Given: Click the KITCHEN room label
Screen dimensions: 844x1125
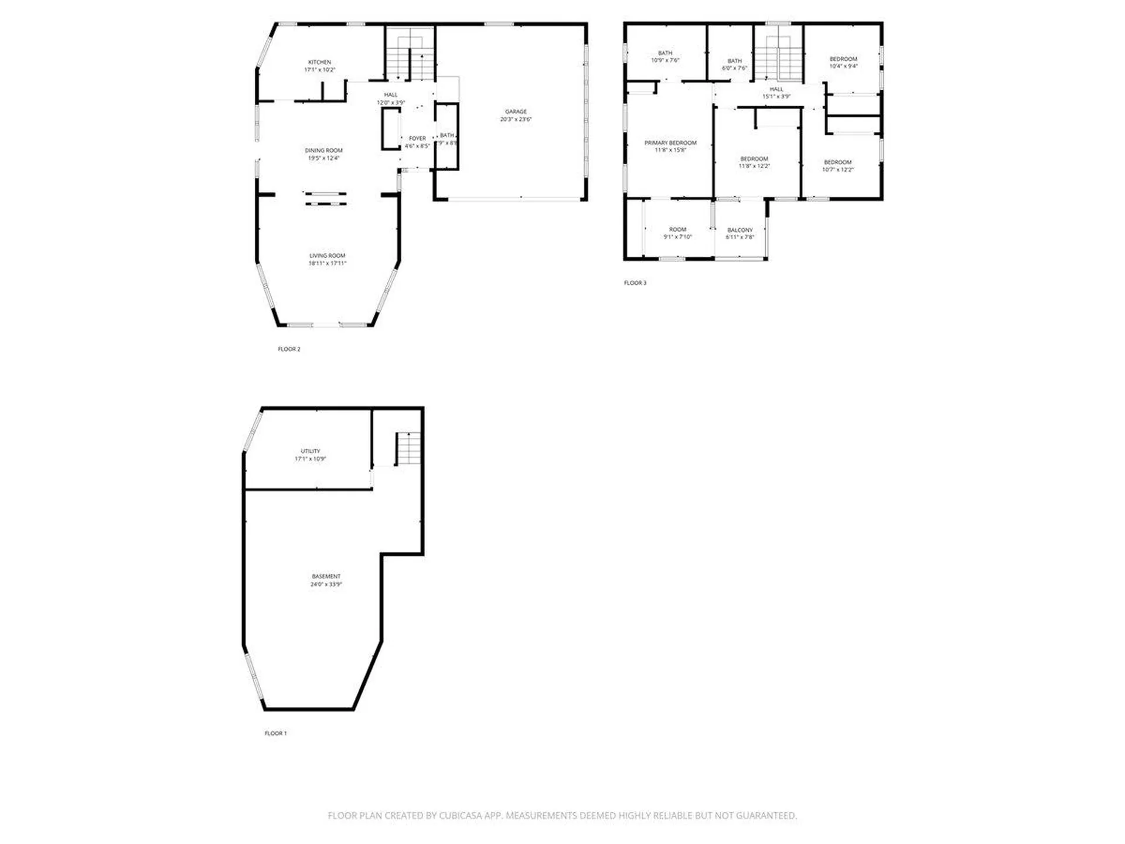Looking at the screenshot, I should click(319, 62).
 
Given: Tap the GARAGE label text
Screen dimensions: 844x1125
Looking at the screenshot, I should click(516, 111).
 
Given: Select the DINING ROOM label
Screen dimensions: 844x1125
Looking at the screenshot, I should click(323, 151).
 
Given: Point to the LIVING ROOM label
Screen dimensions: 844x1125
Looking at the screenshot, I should click(327, 256).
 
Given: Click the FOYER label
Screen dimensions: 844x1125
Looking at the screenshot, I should click(417, 139).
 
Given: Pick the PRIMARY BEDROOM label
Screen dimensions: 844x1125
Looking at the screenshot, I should click(670, 143).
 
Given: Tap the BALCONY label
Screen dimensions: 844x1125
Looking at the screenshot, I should click(739, 230).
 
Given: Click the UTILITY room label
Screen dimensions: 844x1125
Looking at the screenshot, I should click(310, 451).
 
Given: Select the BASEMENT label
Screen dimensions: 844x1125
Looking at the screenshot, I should click(326, 577).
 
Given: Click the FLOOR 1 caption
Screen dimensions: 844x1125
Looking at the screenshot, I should click(275, 733).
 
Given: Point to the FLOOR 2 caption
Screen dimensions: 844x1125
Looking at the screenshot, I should click(289, 349).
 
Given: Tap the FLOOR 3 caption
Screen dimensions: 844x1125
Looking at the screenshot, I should click(635, 283).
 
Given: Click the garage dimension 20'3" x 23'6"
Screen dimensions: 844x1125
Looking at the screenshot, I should click(516, 120).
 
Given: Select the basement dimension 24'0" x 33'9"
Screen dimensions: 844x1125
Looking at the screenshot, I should click(326, 584).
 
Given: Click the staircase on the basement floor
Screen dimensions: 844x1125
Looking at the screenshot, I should click(408, 448).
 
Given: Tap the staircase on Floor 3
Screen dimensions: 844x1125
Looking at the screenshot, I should click(778, 59).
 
